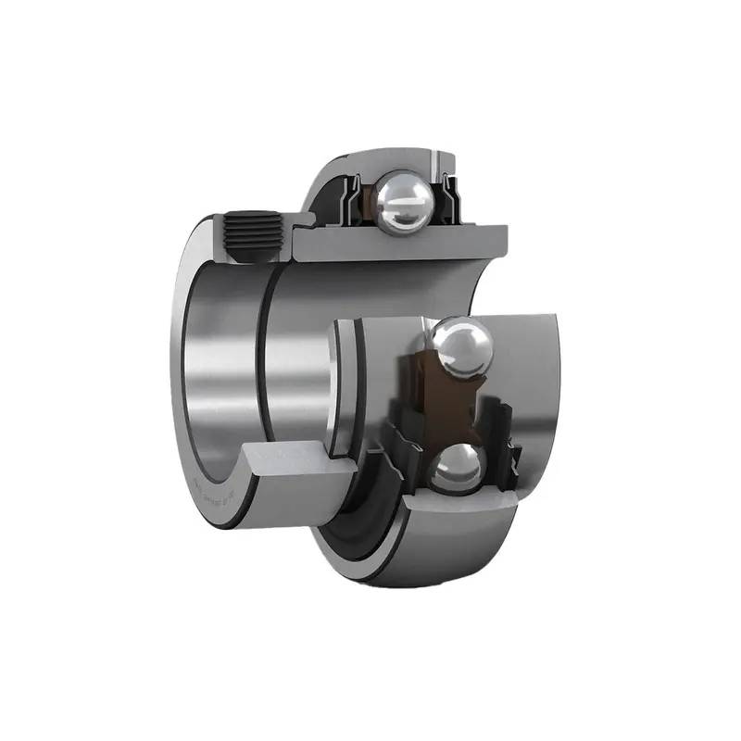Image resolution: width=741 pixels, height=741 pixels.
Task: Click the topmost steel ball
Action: tap(402, 201)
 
